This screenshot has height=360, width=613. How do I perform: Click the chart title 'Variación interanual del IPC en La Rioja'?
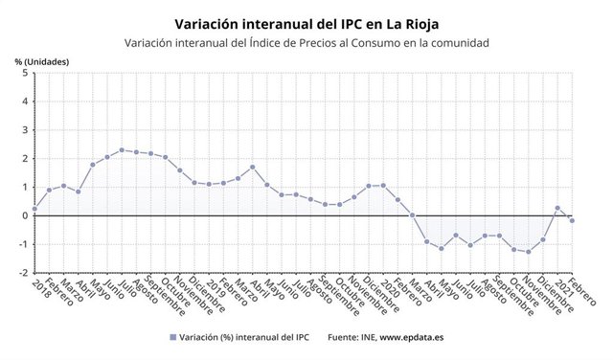click(306, 21)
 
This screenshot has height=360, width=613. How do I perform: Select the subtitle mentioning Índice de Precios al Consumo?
click(306, 42)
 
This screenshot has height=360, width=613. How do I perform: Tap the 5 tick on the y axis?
click(23, 73)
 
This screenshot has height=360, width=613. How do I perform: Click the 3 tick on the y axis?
click(23, 129)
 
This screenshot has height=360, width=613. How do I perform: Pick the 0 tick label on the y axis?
click(23, 215)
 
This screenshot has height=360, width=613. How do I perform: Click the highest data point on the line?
click(122, 149)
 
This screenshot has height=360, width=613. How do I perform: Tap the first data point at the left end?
click(34, 209)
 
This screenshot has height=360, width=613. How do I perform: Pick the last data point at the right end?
click(572, 220)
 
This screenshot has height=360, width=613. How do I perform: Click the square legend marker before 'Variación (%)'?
click(172, 337)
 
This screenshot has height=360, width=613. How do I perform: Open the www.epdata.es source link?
click(405, 337)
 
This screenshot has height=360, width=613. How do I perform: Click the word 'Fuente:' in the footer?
click(346, 337)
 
